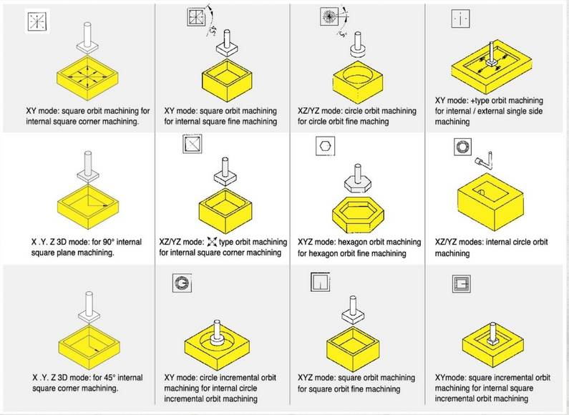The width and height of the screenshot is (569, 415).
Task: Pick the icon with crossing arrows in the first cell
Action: pos(37,23)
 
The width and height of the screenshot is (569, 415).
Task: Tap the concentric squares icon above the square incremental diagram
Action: pos(462,284)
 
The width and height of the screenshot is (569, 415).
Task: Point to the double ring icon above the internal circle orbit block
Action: pos(462,147)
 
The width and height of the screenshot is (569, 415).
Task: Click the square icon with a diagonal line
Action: pos(192,146)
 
